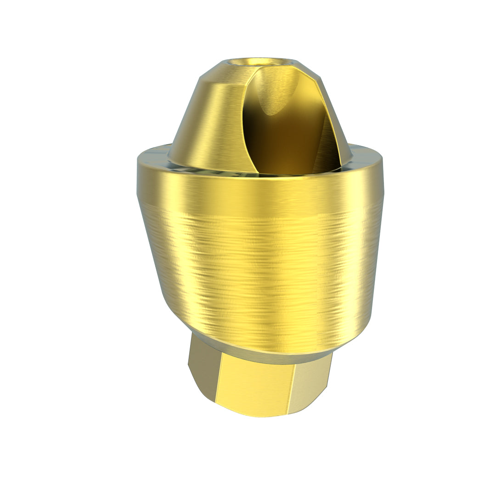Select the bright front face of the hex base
(x=255, y=386)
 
